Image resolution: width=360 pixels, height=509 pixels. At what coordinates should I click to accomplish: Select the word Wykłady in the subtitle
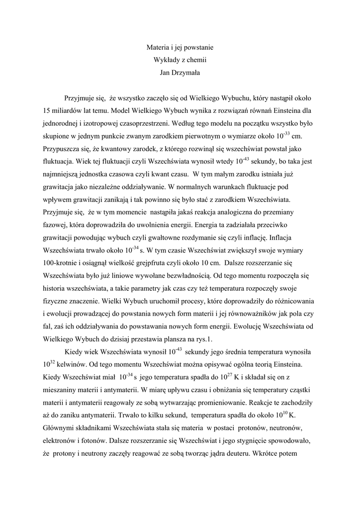click(166, 61)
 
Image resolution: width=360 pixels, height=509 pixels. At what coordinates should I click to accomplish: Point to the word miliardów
click(70, 110)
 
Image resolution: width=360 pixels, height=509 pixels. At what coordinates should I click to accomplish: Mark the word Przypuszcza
click(64, 149)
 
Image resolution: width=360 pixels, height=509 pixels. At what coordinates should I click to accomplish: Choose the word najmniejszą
click(63, 174)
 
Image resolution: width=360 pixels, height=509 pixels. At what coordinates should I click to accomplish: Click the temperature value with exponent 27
click(227, 377)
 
